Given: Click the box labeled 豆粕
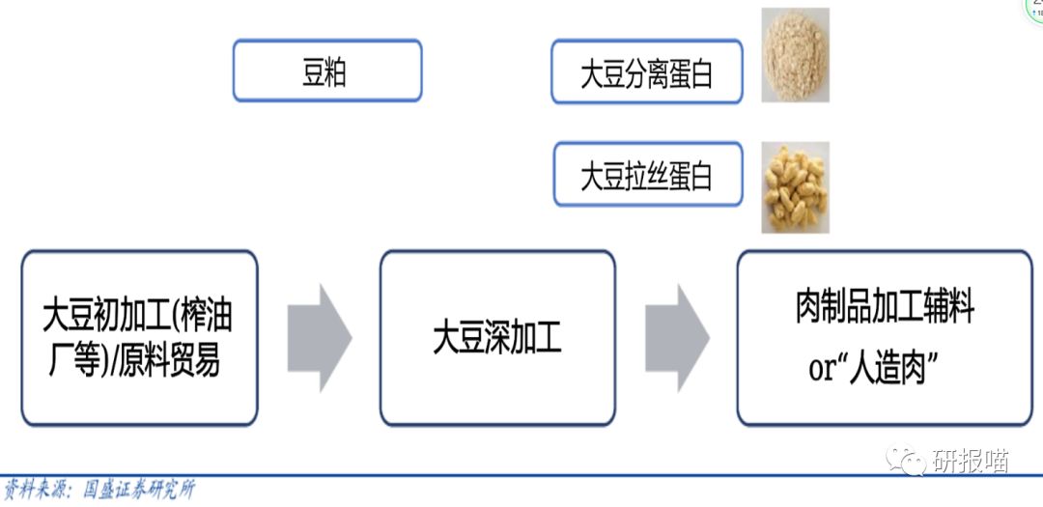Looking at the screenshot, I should point(327,70).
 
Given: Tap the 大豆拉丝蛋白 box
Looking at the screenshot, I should point(647,174).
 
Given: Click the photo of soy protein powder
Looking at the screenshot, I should point(795,55).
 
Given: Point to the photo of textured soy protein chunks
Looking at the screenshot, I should point(795,187).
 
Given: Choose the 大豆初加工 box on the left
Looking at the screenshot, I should point(139,338).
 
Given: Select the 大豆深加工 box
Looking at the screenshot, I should point(497,338).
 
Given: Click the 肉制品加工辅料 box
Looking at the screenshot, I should point(884,338).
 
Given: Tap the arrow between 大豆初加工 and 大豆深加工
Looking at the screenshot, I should point(320,338).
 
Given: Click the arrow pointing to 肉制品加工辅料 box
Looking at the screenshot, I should point(677,338).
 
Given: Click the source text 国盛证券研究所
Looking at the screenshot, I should point(140,490).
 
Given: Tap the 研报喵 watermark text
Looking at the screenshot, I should point(970,462).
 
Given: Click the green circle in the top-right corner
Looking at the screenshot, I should point(1033,10).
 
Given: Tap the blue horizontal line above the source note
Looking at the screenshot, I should point(521,475).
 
